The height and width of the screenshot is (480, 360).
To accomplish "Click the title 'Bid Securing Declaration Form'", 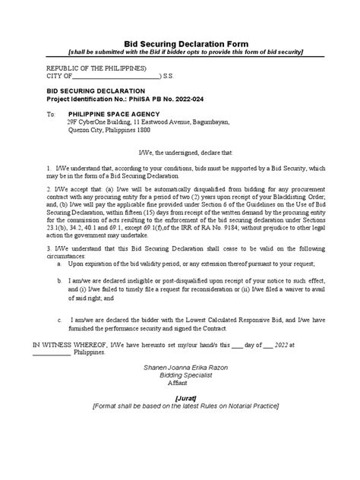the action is [x=180, y=44].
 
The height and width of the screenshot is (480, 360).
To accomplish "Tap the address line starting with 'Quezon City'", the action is [x=110, y=130].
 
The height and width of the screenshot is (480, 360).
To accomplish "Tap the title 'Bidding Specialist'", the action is [x=180, y=398].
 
